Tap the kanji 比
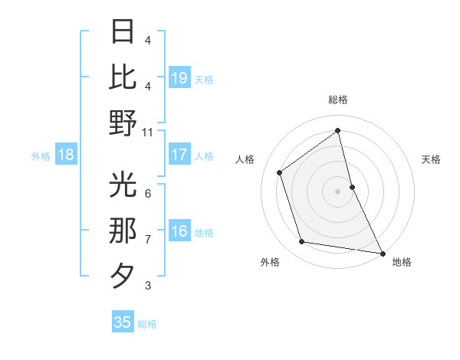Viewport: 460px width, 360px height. click(123, 77)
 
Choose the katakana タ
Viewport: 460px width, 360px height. click(123, 276)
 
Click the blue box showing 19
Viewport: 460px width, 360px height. click(179, 77)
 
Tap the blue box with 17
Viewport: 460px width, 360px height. click(179, 155)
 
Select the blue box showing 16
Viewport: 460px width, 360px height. click(179, 232)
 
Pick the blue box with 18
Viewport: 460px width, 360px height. click(66, 155)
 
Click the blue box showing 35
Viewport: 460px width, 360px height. click(123, 322)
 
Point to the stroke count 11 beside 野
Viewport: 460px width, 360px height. click(148, 132)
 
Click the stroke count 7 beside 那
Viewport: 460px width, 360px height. click(148, 240)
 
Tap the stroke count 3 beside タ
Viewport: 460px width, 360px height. click(148, 286)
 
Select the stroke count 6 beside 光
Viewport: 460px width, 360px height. click(148, 193)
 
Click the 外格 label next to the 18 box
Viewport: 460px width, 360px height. click(41, 156)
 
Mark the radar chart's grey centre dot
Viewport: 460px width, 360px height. click(337, 191)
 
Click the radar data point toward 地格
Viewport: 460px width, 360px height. click(383, 253)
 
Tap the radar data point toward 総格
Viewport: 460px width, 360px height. click(337, 130)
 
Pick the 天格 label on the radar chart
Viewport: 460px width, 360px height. click(432, 159)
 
